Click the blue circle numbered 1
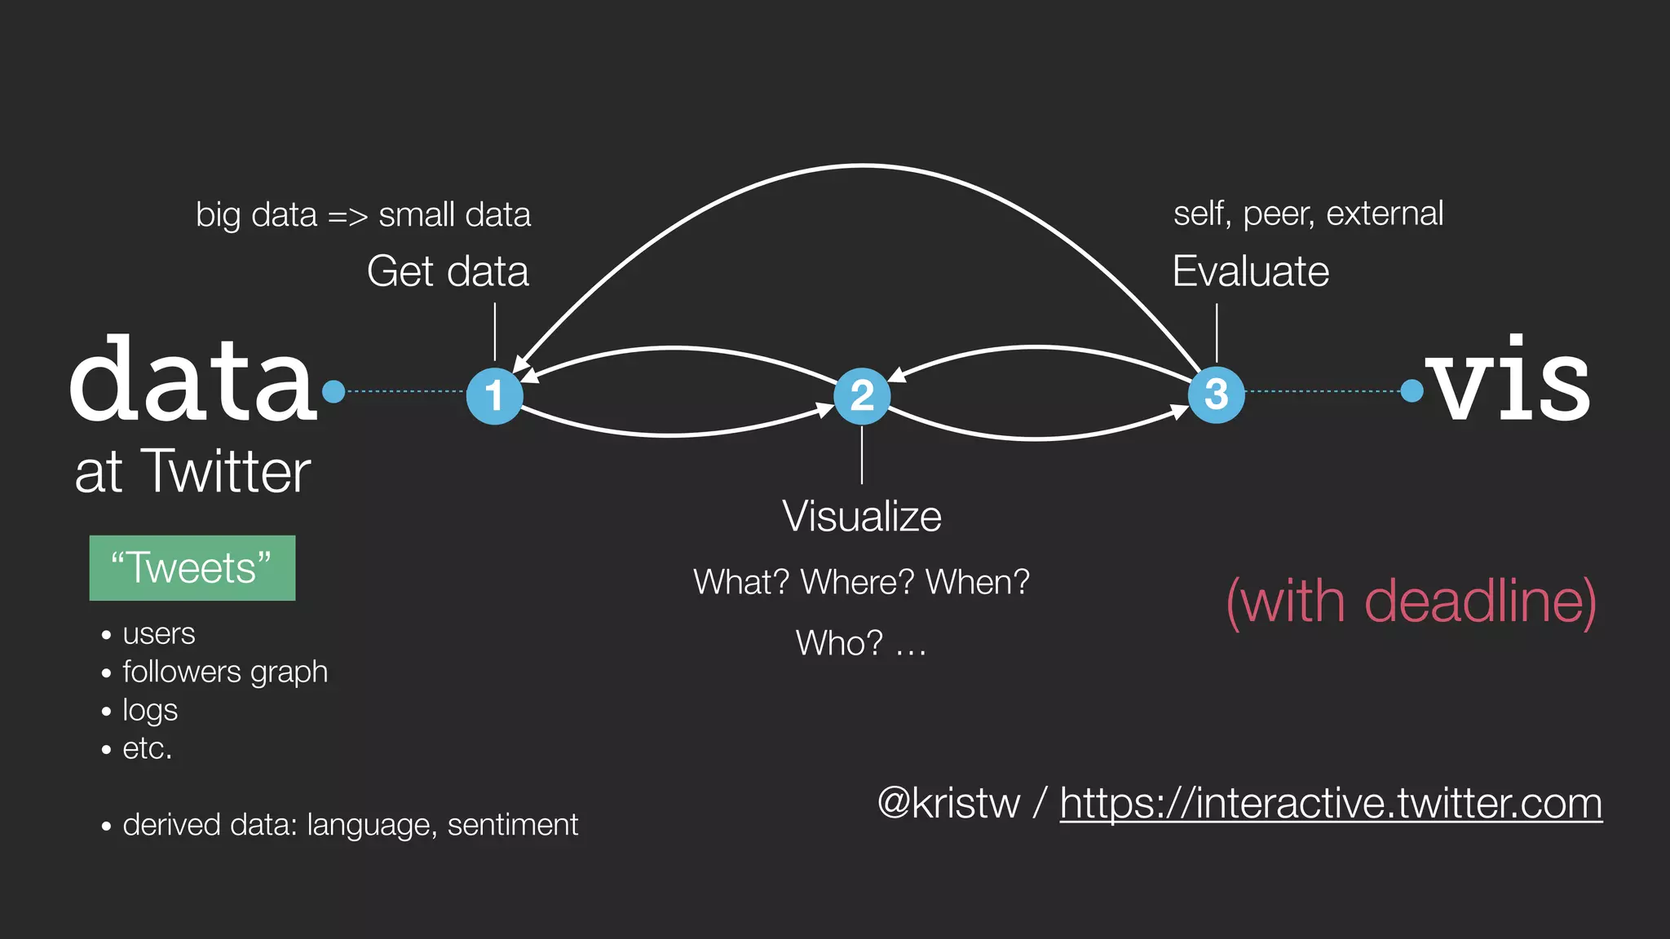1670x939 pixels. pyautogui.click(x=494, y=396)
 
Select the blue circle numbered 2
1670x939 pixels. pyautogui.click(x=862, y=396)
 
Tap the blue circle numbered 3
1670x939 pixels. pyautogui.click(x=1216, y=395)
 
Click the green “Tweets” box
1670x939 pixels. pyautogui.click(x=192, y=568)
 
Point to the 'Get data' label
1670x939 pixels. pyautogui.click(x=448, y=271)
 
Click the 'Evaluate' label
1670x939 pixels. pyautogui.click(x=1250, y=271)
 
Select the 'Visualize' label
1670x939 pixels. pyautogui.click(x=862, y=517)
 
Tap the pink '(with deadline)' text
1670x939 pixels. pyautogui.click(x=1411, y=602)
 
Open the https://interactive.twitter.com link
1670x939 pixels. pyautogui.click(x=1331, y=804)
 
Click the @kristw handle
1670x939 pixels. pyautogui.click(x=948, y=804)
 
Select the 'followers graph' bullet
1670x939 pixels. pyautogui.click(x=225, y=672)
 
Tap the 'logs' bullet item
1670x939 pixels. pyautogui.click(x=150, y=710)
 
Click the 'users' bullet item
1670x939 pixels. pyautogui.click(x=159, y=634)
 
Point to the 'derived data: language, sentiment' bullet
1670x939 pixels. pyautogui.click(x=351, y=825)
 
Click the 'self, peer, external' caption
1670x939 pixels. pyautogui.click(x=1308, y=214)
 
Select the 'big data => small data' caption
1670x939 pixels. pyautogui.click(x=363, y=215)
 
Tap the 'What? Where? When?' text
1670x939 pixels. pyautogui.click(x=862, y=583)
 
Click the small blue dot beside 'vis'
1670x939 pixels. pyautogui.click(x=1412, y=391)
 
